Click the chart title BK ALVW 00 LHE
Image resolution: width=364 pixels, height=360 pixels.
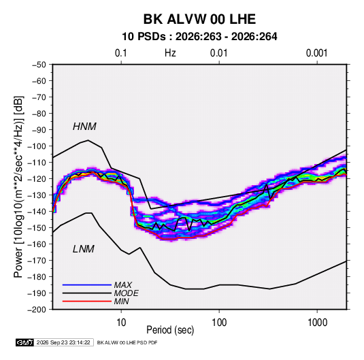pyautogui.click(x=199, y=19)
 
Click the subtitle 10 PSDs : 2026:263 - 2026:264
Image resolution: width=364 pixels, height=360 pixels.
pyautogui.click(x=199, y=37)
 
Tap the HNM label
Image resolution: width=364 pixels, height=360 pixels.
pyautogui.click(x=84, y=127)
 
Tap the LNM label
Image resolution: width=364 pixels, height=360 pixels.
pyautogui.click(x=84, y=249)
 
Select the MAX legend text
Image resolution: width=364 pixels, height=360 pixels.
pyautogui.click(x=123, y=285)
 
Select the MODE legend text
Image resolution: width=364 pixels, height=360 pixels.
pyautogui.click(x=127, y=293)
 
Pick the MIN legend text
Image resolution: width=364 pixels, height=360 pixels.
pyautogui.click(x=121, y=301)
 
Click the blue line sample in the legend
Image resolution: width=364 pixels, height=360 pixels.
pyautogui.click(x=87, y=284)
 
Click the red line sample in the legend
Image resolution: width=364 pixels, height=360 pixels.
pyautogui.click(x=87, y=301)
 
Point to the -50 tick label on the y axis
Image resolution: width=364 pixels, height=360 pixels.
pyautogui.click(x=39, y=65)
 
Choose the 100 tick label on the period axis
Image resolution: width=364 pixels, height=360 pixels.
pyautogui.click(x=219, y=323)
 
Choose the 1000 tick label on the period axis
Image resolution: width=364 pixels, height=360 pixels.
pyautogui.click(x=317, y=323)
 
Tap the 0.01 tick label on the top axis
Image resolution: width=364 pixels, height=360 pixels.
pyautogui.click(x=219, y=53)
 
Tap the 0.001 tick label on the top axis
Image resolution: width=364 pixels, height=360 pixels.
pyautogui.click(x=316, y=53)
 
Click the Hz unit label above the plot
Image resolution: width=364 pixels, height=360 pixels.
pyautogui.click(x=170, y=53)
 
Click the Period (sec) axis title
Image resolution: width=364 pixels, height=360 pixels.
pyautogui.click(x=170, y=330)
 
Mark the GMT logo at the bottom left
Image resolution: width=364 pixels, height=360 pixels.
pyautogui.click(x=25, y=342)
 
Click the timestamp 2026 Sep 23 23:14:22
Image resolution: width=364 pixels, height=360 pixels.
pyautogui.click(x=63, y=342)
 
